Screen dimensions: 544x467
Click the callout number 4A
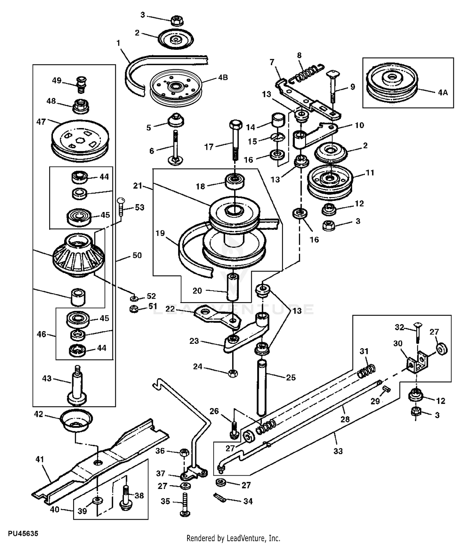pyautogui.click(x=443, y=92)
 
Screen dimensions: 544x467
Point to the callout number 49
pyautogui.click(x=57, y=81)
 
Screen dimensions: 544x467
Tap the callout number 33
pyautogui.click(x=338, y=451)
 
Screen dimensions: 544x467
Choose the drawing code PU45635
pyautogui.click(x=23, y=533)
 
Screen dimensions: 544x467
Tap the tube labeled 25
pyautogui.click(x=262, y=387)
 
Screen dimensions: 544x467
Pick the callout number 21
pyautogui.click(x=137, y=186)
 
